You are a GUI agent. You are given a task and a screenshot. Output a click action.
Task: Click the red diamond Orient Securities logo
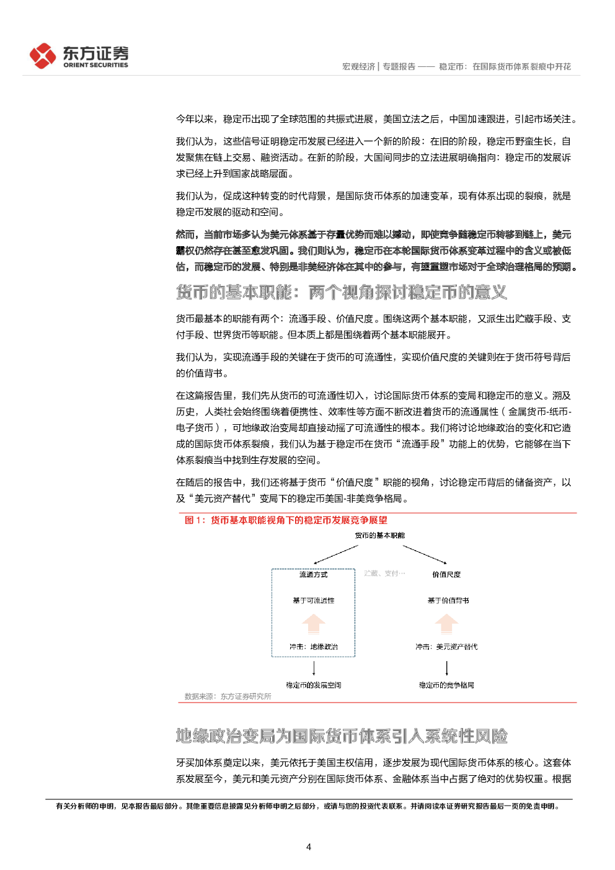pyautogui.click(x=43, y=56)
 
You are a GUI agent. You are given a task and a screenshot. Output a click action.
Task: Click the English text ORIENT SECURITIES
pyautogui.click(x=95, y=65)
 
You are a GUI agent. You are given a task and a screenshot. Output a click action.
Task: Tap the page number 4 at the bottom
pyautogui.click(x=309, y=846)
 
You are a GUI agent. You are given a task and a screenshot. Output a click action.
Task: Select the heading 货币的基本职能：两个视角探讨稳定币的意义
pyautogui.click(x=341, y=292)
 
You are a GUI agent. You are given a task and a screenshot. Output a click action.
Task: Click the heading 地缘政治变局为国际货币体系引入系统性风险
pyautogui.click(x=342, y=736)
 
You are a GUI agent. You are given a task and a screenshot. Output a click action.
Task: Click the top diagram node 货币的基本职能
pyautogui.click(x=379, y=535)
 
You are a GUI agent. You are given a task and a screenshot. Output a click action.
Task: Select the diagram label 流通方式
pyautogui.click(x=313, y=574)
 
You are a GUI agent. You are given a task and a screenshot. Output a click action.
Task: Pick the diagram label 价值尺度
pyautogui.click(x=446, y=574)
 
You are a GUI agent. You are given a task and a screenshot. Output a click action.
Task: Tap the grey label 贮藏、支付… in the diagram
pyautogui.click(x=384, y=573)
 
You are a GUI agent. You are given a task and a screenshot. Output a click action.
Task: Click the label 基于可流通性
pyautogui.click(x=313, y=600)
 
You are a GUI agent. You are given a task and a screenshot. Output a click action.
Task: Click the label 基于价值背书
pyautogui.click(x=448, y=600)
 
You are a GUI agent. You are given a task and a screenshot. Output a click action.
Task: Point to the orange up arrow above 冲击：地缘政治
pyautogui.click(x=313, y=624)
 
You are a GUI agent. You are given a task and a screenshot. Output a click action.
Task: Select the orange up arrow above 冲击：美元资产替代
pyautogui.click(x=446, y=624)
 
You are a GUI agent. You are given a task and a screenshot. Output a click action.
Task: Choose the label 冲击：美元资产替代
pyautogui.click(x=446, y=647)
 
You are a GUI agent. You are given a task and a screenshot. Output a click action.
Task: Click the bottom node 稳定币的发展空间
pyautogui.click(x=313, y=685)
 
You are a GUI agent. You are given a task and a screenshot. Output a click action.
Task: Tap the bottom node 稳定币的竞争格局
pyautogui.click(x=446, y=685)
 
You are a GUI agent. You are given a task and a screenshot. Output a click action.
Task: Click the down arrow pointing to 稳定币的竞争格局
pyautogui.click(x=446, y=668)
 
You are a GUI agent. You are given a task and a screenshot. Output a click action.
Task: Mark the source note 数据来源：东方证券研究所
pyautogui.click(x=228, y=696)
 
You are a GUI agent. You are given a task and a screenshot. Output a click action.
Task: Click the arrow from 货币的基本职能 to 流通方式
pyautogui.click(x=335, y=554)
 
